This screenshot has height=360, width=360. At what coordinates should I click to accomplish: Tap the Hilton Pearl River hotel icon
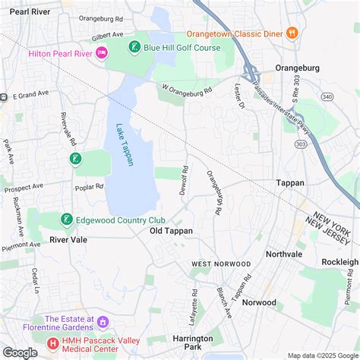[103, 52]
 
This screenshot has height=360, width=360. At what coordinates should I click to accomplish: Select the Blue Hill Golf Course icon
[134, 48]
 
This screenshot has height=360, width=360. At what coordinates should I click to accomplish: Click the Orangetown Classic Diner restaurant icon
[292, 33]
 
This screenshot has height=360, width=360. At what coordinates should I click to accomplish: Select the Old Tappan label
[171, 230]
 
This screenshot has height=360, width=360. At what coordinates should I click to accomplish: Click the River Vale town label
[69, 238]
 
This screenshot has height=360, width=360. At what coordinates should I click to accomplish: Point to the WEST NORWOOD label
[220, 264]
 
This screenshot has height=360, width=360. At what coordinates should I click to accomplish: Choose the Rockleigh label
[339, 261]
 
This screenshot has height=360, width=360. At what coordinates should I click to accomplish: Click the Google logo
[20, 352]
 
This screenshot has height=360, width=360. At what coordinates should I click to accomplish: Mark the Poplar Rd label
[89, 186]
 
